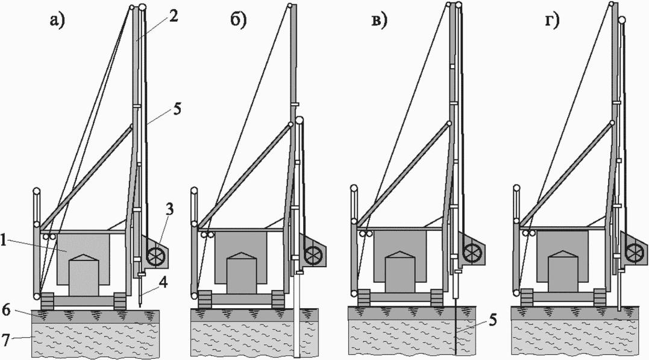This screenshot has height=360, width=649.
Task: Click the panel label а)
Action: [57, 19]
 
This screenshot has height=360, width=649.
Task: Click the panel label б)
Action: [238, 19]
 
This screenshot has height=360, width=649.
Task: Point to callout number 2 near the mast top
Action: [173, 16]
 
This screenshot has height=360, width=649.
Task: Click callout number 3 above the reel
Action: [169, 210]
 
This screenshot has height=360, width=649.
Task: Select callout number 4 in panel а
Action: [163, 283]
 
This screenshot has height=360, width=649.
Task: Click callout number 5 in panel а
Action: [177, 109]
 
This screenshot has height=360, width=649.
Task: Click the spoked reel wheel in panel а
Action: [155, 256]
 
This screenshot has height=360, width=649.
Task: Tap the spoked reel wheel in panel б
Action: [313, 256]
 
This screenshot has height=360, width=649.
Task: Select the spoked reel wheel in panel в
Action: [472, 252]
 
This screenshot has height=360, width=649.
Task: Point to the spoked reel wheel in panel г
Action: [634, 253]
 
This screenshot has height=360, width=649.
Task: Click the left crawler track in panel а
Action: [47, 301]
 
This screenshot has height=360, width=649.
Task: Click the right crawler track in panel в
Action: [436, 297]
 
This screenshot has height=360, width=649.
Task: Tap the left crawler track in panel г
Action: [527, 297]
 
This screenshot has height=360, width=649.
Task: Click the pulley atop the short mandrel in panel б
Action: [299, 121]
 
